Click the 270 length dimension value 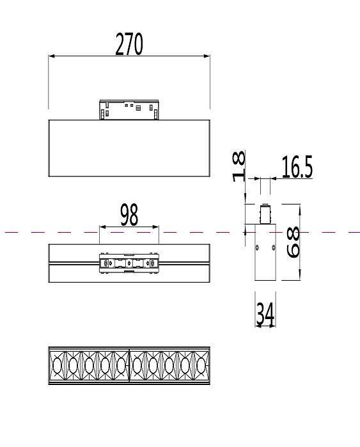[129, 44]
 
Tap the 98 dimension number [129, 215]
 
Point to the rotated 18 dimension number [239, 166]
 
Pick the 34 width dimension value [265, 313]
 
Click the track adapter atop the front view [129, 110]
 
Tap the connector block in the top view [129, 263]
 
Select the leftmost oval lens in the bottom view [58, 366]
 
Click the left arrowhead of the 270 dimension [51, 56]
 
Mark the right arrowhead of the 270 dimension [207, 56]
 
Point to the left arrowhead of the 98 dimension [102, 226]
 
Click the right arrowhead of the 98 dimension [156, 226]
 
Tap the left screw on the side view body [257, 247]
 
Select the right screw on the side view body [273, 247]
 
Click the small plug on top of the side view [264, 213]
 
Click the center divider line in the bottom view [129, 366]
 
